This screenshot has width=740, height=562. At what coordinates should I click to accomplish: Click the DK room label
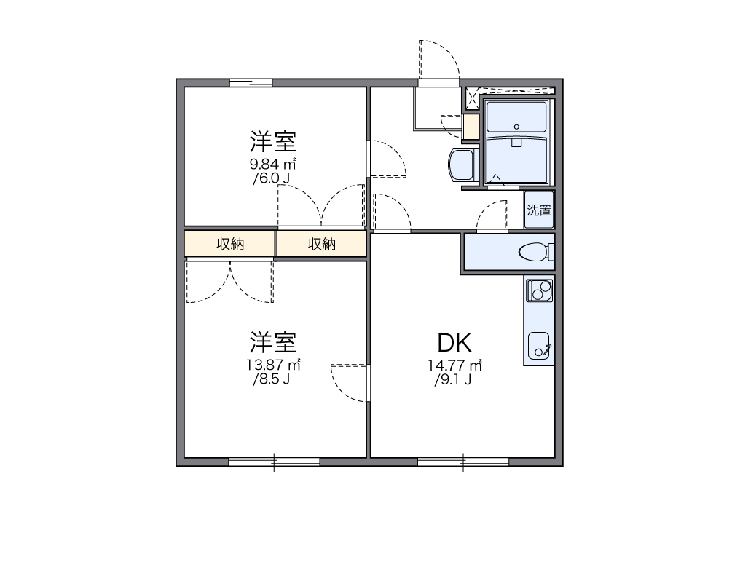(x=455, y=343)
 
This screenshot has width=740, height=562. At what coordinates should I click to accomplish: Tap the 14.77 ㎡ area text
(x=455, y=365)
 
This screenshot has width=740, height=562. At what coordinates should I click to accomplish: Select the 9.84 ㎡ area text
(x=272, y=163)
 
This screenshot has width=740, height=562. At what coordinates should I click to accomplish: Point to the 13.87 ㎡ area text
(x=273, y=364)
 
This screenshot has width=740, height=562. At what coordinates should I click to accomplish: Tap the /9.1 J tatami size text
(x=453, y=379)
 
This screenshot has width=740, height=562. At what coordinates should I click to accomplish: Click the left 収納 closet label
(x=230, y=245)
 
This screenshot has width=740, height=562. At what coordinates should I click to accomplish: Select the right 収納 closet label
(x=321, y=245)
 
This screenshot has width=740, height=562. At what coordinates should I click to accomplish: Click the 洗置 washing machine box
(x=539, y=211)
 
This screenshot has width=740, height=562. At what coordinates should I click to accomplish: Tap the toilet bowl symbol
(x=535, y=253)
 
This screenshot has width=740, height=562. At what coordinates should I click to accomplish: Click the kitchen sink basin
(x=540, y=345)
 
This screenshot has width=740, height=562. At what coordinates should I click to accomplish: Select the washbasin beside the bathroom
(x=461, y=167)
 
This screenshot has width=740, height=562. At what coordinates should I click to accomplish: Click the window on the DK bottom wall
(x=463, y=460)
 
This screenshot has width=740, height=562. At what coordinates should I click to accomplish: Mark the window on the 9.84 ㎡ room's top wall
(x=251, y=82)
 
